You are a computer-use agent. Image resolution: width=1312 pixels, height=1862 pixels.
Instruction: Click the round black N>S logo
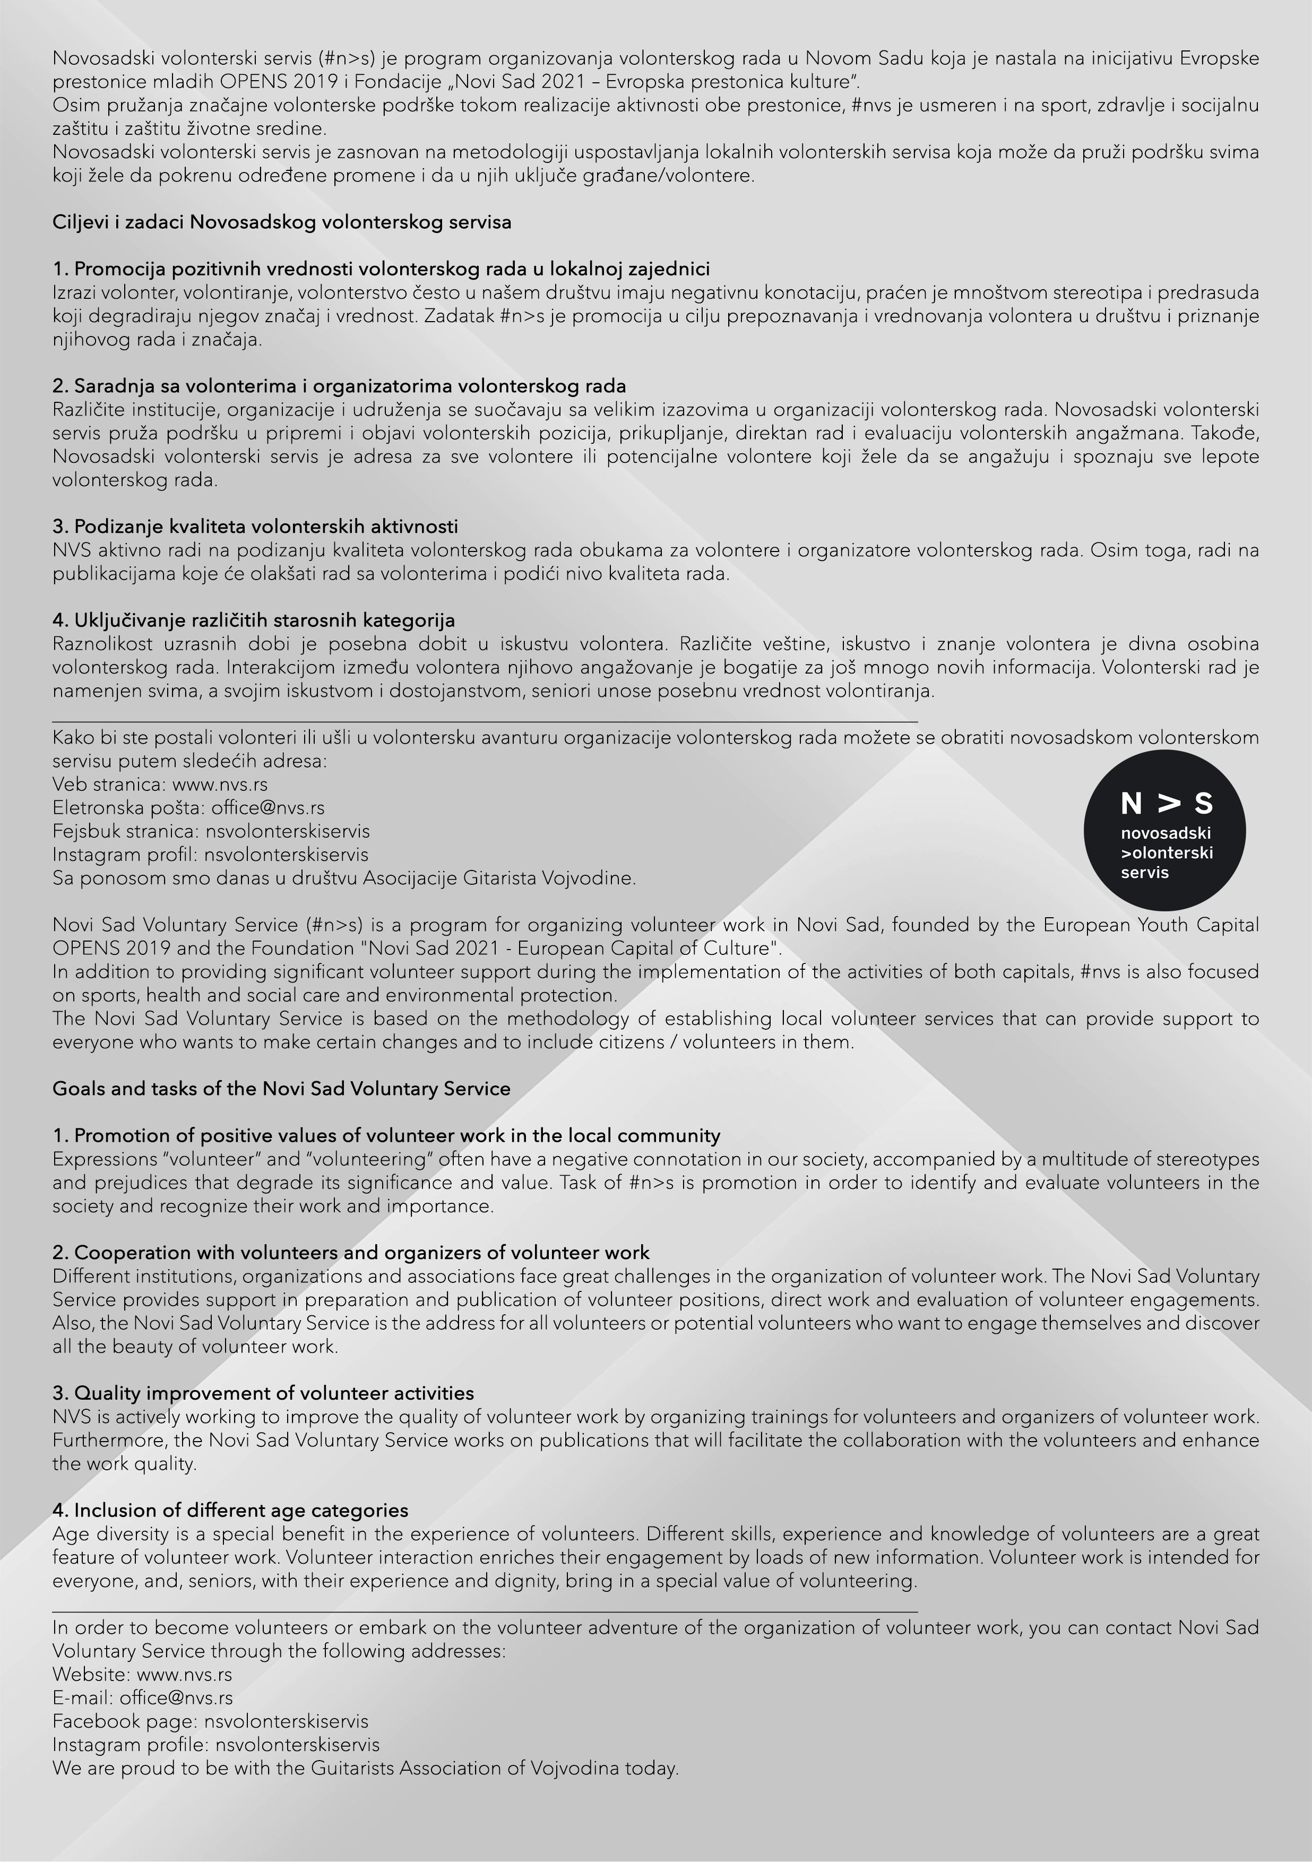(x=1164, y=830)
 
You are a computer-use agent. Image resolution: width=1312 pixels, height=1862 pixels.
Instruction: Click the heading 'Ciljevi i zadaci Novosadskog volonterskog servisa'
(x=281, y=222)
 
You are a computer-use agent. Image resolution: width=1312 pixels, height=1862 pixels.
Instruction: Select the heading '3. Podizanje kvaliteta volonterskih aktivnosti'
(x=255, y=527)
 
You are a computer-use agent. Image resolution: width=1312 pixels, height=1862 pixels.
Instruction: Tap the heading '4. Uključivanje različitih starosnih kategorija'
(x=253, y=620)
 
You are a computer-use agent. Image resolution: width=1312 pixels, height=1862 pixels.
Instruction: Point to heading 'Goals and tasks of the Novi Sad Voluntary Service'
(x=281, y=1088)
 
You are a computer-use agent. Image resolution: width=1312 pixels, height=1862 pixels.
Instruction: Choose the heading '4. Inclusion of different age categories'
(x=230, y=1510)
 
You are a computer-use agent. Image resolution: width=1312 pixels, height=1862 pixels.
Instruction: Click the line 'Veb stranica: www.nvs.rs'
(x=160, y=784)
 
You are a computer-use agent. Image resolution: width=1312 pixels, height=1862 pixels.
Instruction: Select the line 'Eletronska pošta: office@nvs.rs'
(x=188, y=808)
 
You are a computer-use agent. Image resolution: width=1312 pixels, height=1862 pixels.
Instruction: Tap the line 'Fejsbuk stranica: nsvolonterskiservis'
(x=211, y=831)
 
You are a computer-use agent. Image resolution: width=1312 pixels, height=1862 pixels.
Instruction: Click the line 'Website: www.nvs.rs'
(x=142, y=1675)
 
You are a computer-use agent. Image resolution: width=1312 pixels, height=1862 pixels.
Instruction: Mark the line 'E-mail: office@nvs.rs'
(x=142, y=1698)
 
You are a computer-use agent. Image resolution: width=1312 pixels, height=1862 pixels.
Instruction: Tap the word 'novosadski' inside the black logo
(x=1165, y=833)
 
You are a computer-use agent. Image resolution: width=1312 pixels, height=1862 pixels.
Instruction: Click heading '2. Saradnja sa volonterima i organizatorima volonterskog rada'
(x=339, y=386)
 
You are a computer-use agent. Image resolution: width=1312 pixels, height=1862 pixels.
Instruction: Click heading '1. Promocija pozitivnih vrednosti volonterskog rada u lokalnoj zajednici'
(x=381, y=269)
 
